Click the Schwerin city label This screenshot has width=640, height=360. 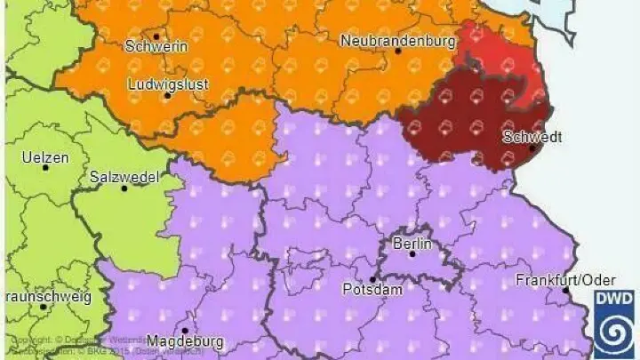click(x=156, y=46)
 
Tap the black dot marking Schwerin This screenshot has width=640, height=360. click(x=156, y=36)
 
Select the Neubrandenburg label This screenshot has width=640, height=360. click(x=397, y=40)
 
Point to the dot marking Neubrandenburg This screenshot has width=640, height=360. click(x=398, y=52)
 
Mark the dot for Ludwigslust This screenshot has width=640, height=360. click(x=166, y=94)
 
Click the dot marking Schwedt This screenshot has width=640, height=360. click(x=532, y=148)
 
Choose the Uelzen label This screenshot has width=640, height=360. click(x=44, y=156)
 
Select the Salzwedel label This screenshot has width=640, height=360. click(x=124, y=177)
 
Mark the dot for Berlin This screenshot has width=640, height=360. click(x=412, y=254)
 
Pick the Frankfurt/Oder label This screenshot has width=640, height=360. click(x=565, y=280)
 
